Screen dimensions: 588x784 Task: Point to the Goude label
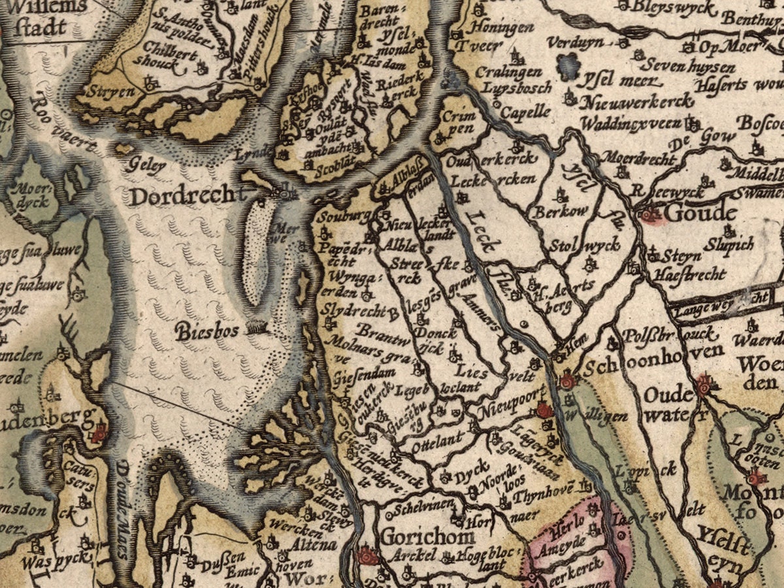(x=693, y=214)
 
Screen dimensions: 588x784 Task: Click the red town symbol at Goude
(x=649, y=214)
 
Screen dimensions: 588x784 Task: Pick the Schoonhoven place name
(x=653, y=368)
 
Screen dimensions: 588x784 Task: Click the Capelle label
(x=525, y=112)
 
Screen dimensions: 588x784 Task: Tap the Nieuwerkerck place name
(x=629, y=102)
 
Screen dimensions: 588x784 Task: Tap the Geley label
(x=148, y=166)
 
